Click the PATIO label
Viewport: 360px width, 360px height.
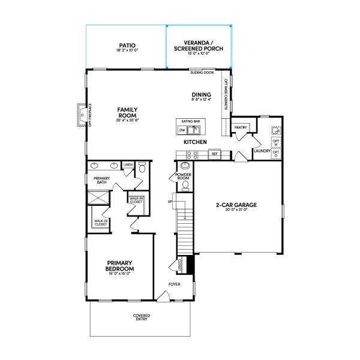pyautogui.click(x=126, y=45)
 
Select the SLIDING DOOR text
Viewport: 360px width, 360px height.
pyautogui.click(x=202, y=73)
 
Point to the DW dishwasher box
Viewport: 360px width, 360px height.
pyautogui.click(x=182, y=130)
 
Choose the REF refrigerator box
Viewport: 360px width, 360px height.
pyautogui.click(x=214, y=154)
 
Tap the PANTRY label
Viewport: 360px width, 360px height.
pyautogui.click(x=241, y=127)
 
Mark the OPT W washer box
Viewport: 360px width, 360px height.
pyautogui.click(x=275, y=143)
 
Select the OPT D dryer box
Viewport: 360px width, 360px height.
pyautogui.click(x=275, y=154)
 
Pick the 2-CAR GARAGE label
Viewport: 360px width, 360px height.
pyautogui.click(x=236, y=205)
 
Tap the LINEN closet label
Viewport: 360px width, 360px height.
pyautogui.click(x=128, y=164)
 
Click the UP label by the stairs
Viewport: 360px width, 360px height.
pyautogui.click(x=170, y=202)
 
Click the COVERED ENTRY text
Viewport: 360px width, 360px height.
pyautogui.click(x=142, y=317)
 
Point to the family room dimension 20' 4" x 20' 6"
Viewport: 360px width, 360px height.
pyautogui.click(x=127, y=121)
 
